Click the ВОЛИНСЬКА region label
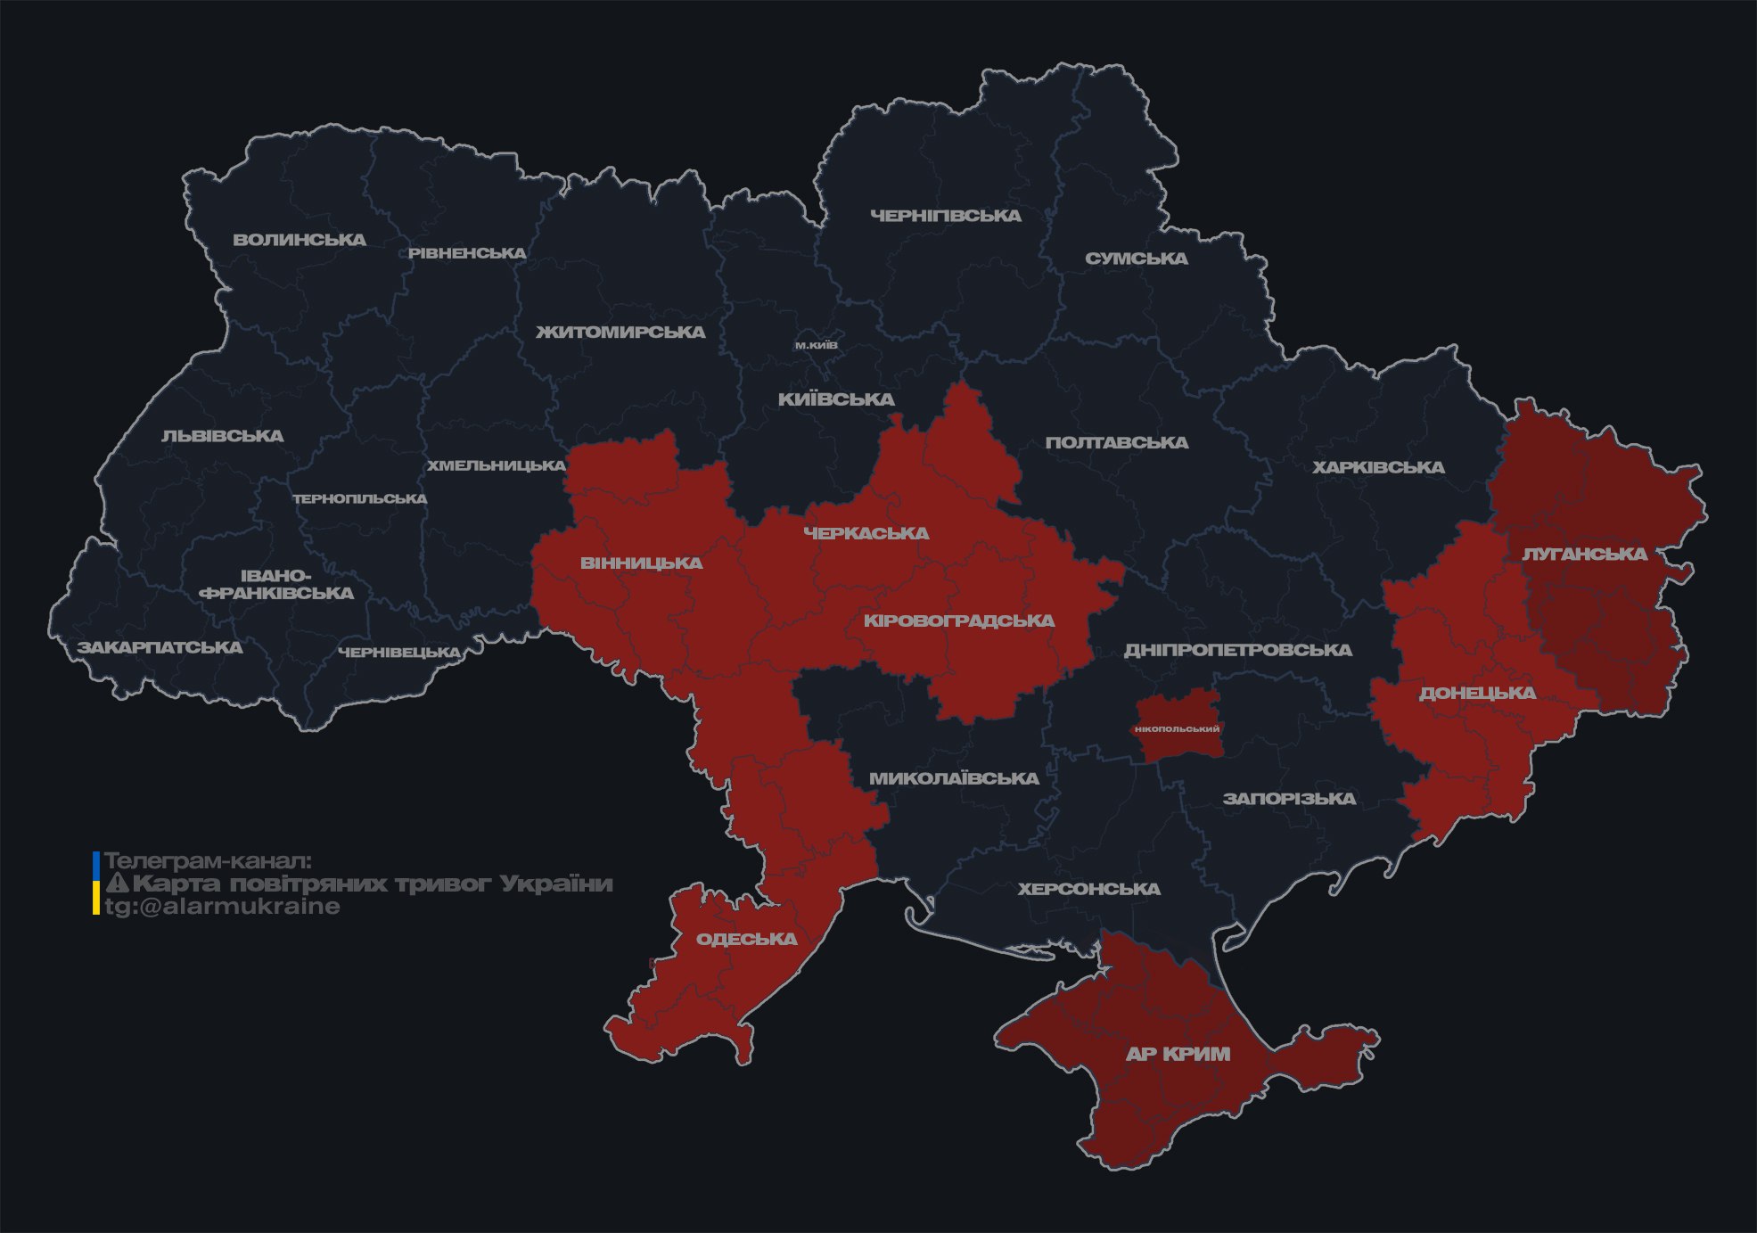pos(300,240)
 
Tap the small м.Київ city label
pos(817,345)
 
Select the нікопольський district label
pos(1177,728)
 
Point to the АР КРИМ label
pos(1178,1054)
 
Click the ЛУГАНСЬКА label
pos(1584,554)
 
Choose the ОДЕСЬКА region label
pos(746,939)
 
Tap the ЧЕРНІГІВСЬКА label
pos(945,216)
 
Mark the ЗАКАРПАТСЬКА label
pos(160,647)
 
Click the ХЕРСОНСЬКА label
pos(1088,889)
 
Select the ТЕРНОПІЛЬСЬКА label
pos(360,498)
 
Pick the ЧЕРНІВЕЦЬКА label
pos(399,653)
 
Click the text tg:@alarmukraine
pos(223,907)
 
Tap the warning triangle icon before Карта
pos(117,884)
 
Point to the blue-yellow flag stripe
pos(96,884)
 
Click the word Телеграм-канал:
pos(209,861)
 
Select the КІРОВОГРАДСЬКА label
pos(958,621)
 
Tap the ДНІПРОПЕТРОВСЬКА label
pos(1237,650)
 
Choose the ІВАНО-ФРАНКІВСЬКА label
pos(276,585)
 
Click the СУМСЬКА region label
pos(1136,259)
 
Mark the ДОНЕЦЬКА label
pos(1477,693)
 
